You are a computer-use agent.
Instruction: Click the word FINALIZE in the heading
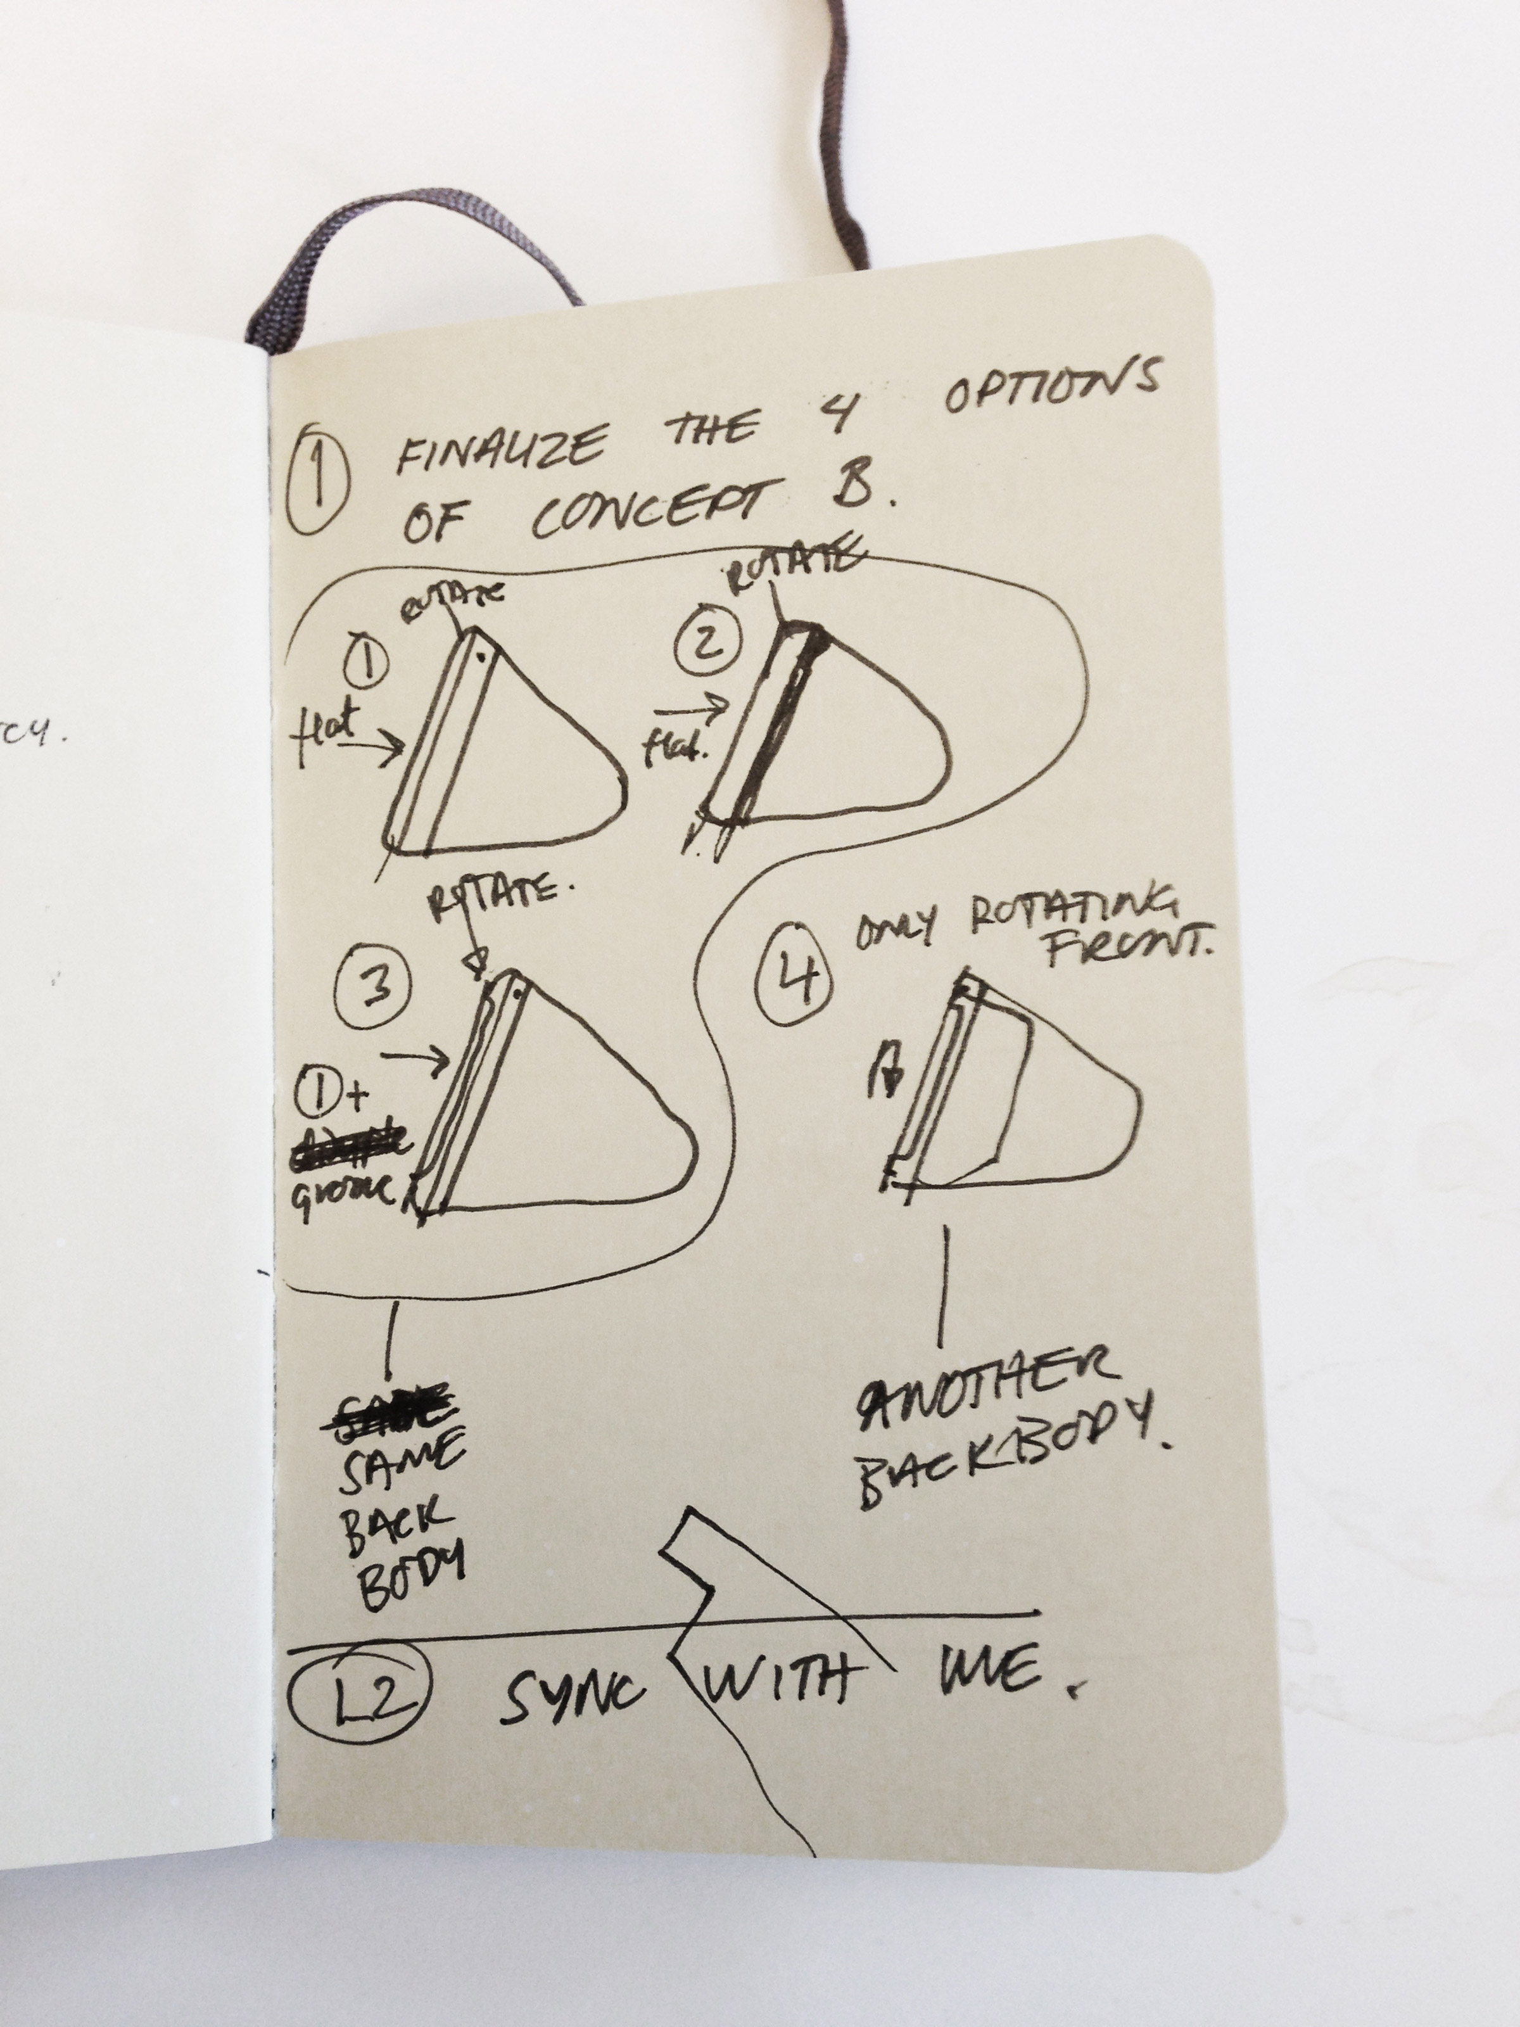[499, 445]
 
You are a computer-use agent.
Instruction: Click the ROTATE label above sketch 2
[792, 572]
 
